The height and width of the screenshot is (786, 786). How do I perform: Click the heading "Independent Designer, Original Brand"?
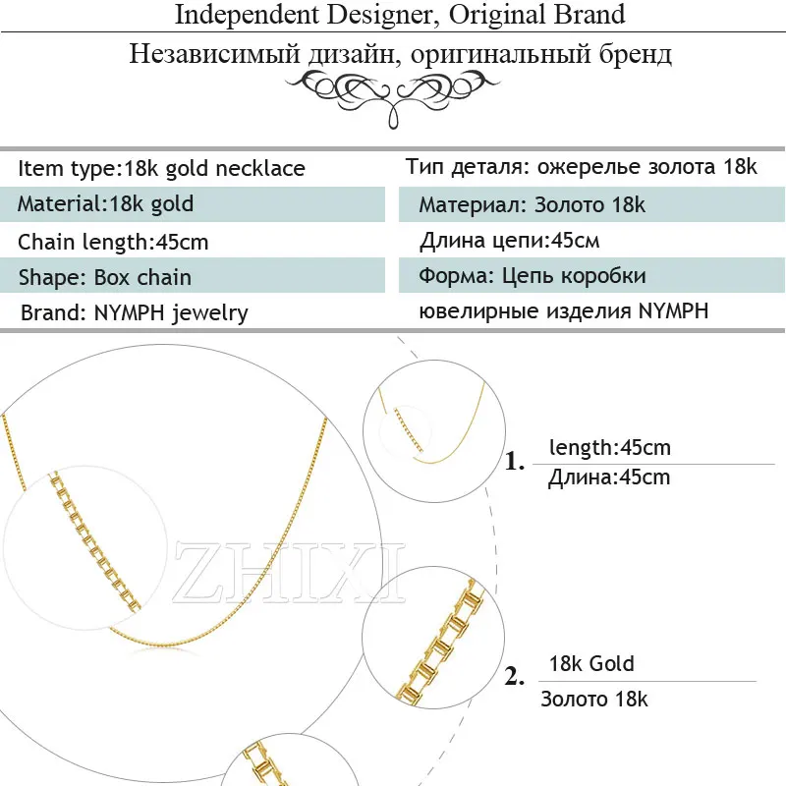point(400,15)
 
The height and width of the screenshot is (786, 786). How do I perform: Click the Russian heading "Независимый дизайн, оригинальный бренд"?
point(400,54)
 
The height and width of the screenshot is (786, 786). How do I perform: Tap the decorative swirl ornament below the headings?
point(393,96)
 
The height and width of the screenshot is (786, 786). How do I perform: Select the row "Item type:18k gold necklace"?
point(161,169)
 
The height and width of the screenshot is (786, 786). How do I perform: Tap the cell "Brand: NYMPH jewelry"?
point(135,313)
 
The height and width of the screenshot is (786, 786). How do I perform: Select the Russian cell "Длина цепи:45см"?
point(509,241)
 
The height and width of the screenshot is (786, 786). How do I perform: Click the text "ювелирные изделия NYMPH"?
point(563,311)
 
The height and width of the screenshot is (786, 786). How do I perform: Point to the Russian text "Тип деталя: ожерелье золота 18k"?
point(581,167)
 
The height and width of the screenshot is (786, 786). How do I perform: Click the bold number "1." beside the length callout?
point(515,461)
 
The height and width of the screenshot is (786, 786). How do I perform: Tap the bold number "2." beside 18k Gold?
point(514,676)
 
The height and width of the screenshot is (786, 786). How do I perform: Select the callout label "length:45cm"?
point(609,448)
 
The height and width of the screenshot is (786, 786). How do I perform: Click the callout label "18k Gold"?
point(591,664)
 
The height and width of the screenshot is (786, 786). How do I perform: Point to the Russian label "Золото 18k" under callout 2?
point(594,700)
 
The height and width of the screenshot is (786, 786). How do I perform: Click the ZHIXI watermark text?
point(289,572)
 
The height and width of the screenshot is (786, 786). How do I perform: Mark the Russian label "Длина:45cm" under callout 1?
point(609,477)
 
